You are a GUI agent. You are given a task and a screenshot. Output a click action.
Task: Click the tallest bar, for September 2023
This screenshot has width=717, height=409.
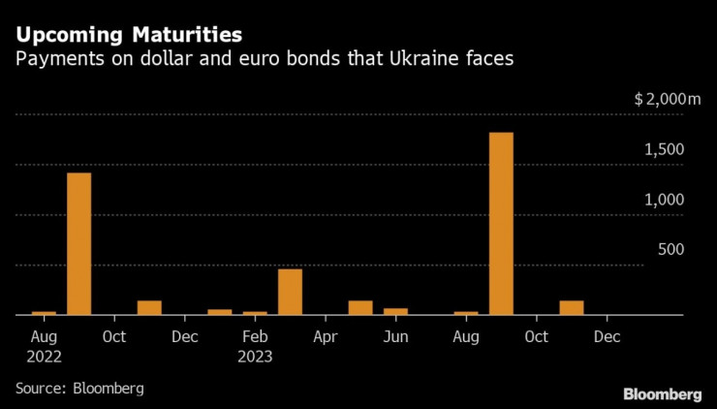click(501, 224)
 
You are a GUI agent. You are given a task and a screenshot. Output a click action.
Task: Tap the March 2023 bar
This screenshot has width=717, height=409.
click(290, 292)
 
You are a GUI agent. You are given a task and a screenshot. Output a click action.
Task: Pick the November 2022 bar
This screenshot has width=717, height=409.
click(149, 307)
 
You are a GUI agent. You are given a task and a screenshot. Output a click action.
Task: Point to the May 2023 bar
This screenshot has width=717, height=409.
click(360, 307)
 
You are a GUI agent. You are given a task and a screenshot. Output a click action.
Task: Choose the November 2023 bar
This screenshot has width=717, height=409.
click(572, 307)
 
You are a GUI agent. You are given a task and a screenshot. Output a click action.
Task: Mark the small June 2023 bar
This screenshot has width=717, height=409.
click(395, 311)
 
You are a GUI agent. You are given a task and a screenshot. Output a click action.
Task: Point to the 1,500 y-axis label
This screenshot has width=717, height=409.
click(667, 149)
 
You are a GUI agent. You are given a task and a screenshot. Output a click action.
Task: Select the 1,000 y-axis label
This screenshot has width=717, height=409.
click(667, 200)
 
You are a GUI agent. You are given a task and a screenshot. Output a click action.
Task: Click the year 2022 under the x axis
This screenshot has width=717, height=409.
click(44, 356)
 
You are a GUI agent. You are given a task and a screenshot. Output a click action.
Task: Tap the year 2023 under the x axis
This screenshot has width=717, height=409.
click(255, 356)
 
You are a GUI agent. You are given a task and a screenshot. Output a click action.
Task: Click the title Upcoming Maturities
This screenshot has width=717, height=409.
click(128, 36)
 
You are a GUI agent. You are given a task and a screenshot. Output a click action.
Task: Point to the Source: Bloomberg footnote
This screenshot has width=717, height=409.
click(79, 388)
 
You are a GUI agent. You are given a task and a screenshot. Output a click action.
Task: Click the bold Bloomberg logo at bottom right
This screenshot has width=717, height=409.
click(662, 393)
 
